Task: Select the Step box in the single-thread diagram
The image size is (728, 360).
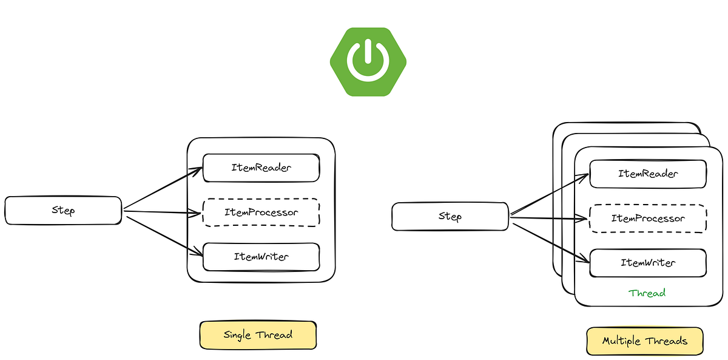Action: click(64, 211)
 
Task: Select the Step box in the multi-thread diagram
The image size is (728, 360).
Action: click(450, 217)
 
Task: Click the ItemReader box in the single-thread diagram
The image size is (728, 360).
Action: click(261, 168)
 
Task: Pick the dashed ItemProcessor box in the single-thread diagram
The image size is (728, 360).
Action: click(261, 212)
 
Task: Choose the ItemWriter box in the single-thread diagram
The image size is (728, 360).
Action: click(261, 257)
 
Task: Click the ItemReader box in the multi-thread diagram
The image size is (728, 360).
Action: click(648, 174)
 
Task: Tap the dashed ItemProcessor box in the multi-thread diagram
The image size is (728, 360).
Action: click(648, 219)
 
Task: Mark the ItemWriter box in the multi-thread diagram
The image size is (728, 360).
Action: click(648, 263)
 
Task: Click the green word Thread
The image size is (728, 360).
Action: click(647, 293)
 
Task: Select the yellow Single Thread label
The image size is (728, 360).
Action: click(258, 335)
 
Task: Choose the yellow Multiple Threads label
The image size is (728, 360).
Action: click(644, 341)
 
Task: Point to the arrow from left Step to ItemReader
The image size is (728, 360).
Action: click(163, 189)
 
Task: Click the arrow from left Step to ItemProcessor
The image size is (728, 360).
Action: click(163, 212)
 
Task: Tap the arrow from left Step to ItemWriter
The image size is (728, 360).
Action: click(163, 234)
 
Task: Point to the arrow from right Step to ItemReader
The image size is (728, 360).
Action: click(550, 195)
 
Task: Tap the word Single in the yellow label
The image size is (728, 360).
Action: click(238, 335)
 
